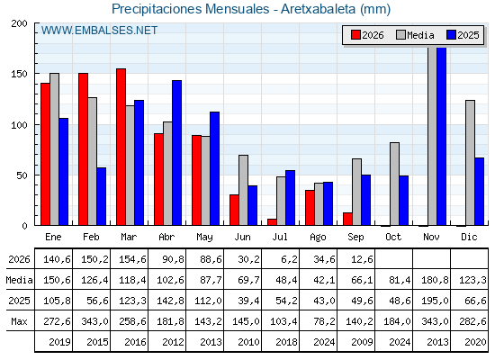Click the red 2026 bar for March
[x=121, y=147]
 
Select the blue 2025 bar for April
[x=176, y=153]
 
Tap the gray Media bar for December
[x=470, y=163]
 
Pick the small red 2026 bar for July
[x=272, y=222]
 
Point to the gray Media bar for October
[x=395, y=184]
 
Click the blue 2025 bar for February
[x=101, y=196]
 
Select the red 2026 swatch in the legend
[x=355, y=35]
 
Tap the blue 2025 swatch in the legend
[x=451, y=35]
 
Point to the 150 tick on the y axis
[x=19, y=74]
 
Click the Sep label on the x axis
[x=355, y=238]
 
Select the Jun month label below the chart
[x=242, y=238]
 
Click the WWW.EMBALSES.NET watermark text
[x=99, y=31]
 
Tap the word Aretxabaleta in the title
[x=318, y=9]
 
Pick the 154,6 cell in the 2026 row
[x=132, y=259]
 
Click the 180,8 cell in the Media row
[x=435, y=280]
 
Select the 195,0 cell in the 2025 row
[x=435, y=301]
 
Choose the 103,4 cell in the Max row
[x=283, y=321]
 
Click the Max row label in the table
[x=19, y=321]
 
